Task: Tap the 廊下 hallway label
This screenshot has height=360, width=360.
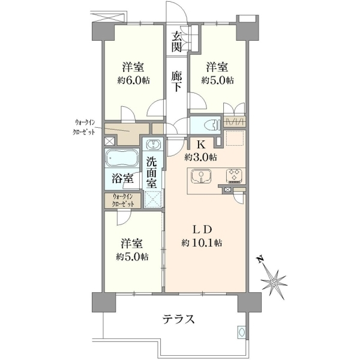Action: (x=176, y=82)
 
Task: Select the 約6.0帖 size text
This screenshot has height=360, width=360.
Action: (x=133, y=80)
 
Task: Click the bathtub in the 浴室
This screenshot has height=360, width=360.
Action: (x=122, y=158)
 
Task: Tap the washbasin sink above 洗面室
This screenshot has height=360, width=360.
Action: (x=152, y=145)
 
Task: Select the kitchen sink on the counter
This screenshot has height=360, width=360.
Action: (x=201, y=176)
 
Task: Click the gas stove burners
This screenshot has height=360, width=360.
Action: (x=234, y=176)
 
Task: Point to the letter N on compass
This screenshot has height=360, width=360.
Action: (x=260, y=260)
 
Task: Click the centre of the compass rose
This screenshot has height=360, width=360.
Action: (x=274, y=282)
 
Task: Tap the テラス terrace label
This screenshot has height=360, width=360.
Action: (x=179, y=319)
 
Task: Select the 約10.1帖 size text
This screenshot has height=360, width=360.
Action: (x=202, y=242)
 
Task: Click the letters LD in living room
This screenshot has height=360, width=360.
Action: (x=202, y=230)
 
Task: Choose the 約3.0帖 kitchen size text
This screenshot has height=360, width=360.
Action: (x=200, y=157)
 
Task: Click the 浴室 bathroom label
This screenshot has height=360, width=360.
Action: (x=123, y=178)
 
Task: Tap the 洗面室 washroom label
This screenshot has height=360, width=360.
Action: (x=152, y=173)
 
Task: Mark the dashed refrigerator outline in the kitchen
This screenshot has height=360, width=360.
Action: (x=235, y=138)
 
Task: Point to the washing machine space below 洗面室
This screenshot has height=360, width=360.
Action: (x=153, y=199)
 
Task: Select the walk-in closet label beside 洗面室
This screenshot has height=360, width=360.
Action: (x=123, y=200)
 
